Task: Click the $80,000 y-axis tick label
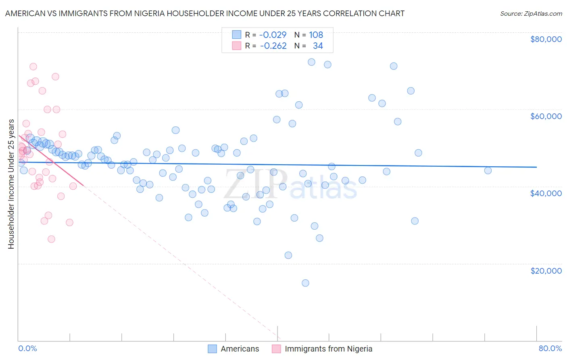pos(546,39)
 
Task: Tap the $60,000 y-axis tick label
pos(546,116)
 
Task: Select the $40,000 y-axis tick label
pos(546,193)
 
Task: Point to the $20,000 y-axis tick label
pos(546,270)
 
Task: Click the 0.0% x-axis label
pos(27,348)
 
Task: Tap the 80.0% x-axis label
pos(550,348)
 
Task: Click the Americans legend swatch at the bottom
pos(213,349)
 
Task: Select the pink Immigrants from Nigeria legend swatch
pos(276,349)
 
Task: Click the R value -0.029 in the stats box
pos(273,35)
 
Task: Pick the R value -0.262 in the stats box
pos(273,46)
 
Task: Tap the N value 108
pos(316,35)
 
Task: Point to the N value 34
pos(318,46)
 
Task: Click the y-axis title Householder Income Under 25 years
pos(11,184)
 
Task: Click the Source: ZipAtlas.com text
pos(531,14)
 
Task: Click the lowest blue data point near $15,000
pos(305,283)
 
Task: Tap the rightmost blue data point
pos(488,170)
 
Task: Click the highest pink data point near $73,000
pos(33,67)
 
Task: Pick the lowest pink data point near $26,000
pos(51,239)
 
